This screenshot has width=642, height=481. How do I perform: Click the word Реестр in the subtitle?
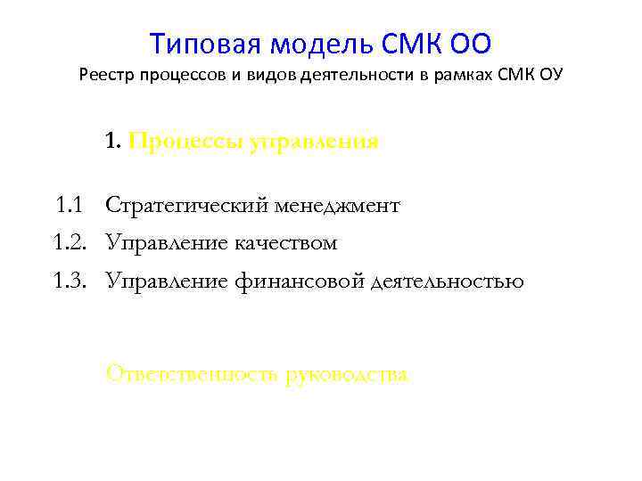click(106, 74)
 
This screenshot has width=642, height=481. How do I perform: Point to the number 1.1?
click(69, 206)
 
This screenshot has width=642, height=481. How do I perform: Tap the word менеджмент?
click(344, 206)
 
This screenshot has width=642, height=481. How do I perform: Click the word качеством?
click(286, 243)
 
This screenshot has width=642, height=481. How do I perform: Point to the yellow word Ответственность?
click(193, 374)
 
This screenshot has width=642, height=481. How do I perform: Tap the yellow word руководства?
click(348, 374)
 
